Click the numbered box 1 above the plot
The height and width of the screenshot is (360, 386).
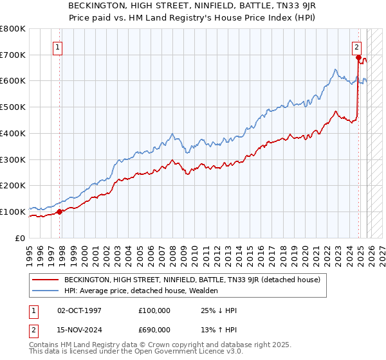(x=58, y=46)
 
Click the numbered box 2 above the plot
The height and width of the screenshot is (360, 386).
(x=356, y=46)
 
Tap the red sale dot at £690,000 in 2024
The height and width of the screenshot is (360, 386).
(x=358, y=57)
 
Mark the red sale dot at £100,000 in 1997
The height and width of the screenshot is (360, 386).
(x=59, y=211)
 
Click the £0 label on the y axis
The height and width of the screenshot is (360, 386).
(x=19, y=238)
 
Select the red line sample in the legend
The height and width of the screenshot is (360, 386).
(x=46, y=280)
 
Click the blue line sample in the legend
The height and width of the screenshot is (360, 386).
(x=46, y=291)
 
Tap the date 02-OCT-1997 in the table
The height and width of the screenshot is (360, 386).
(x=79, y=310)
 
